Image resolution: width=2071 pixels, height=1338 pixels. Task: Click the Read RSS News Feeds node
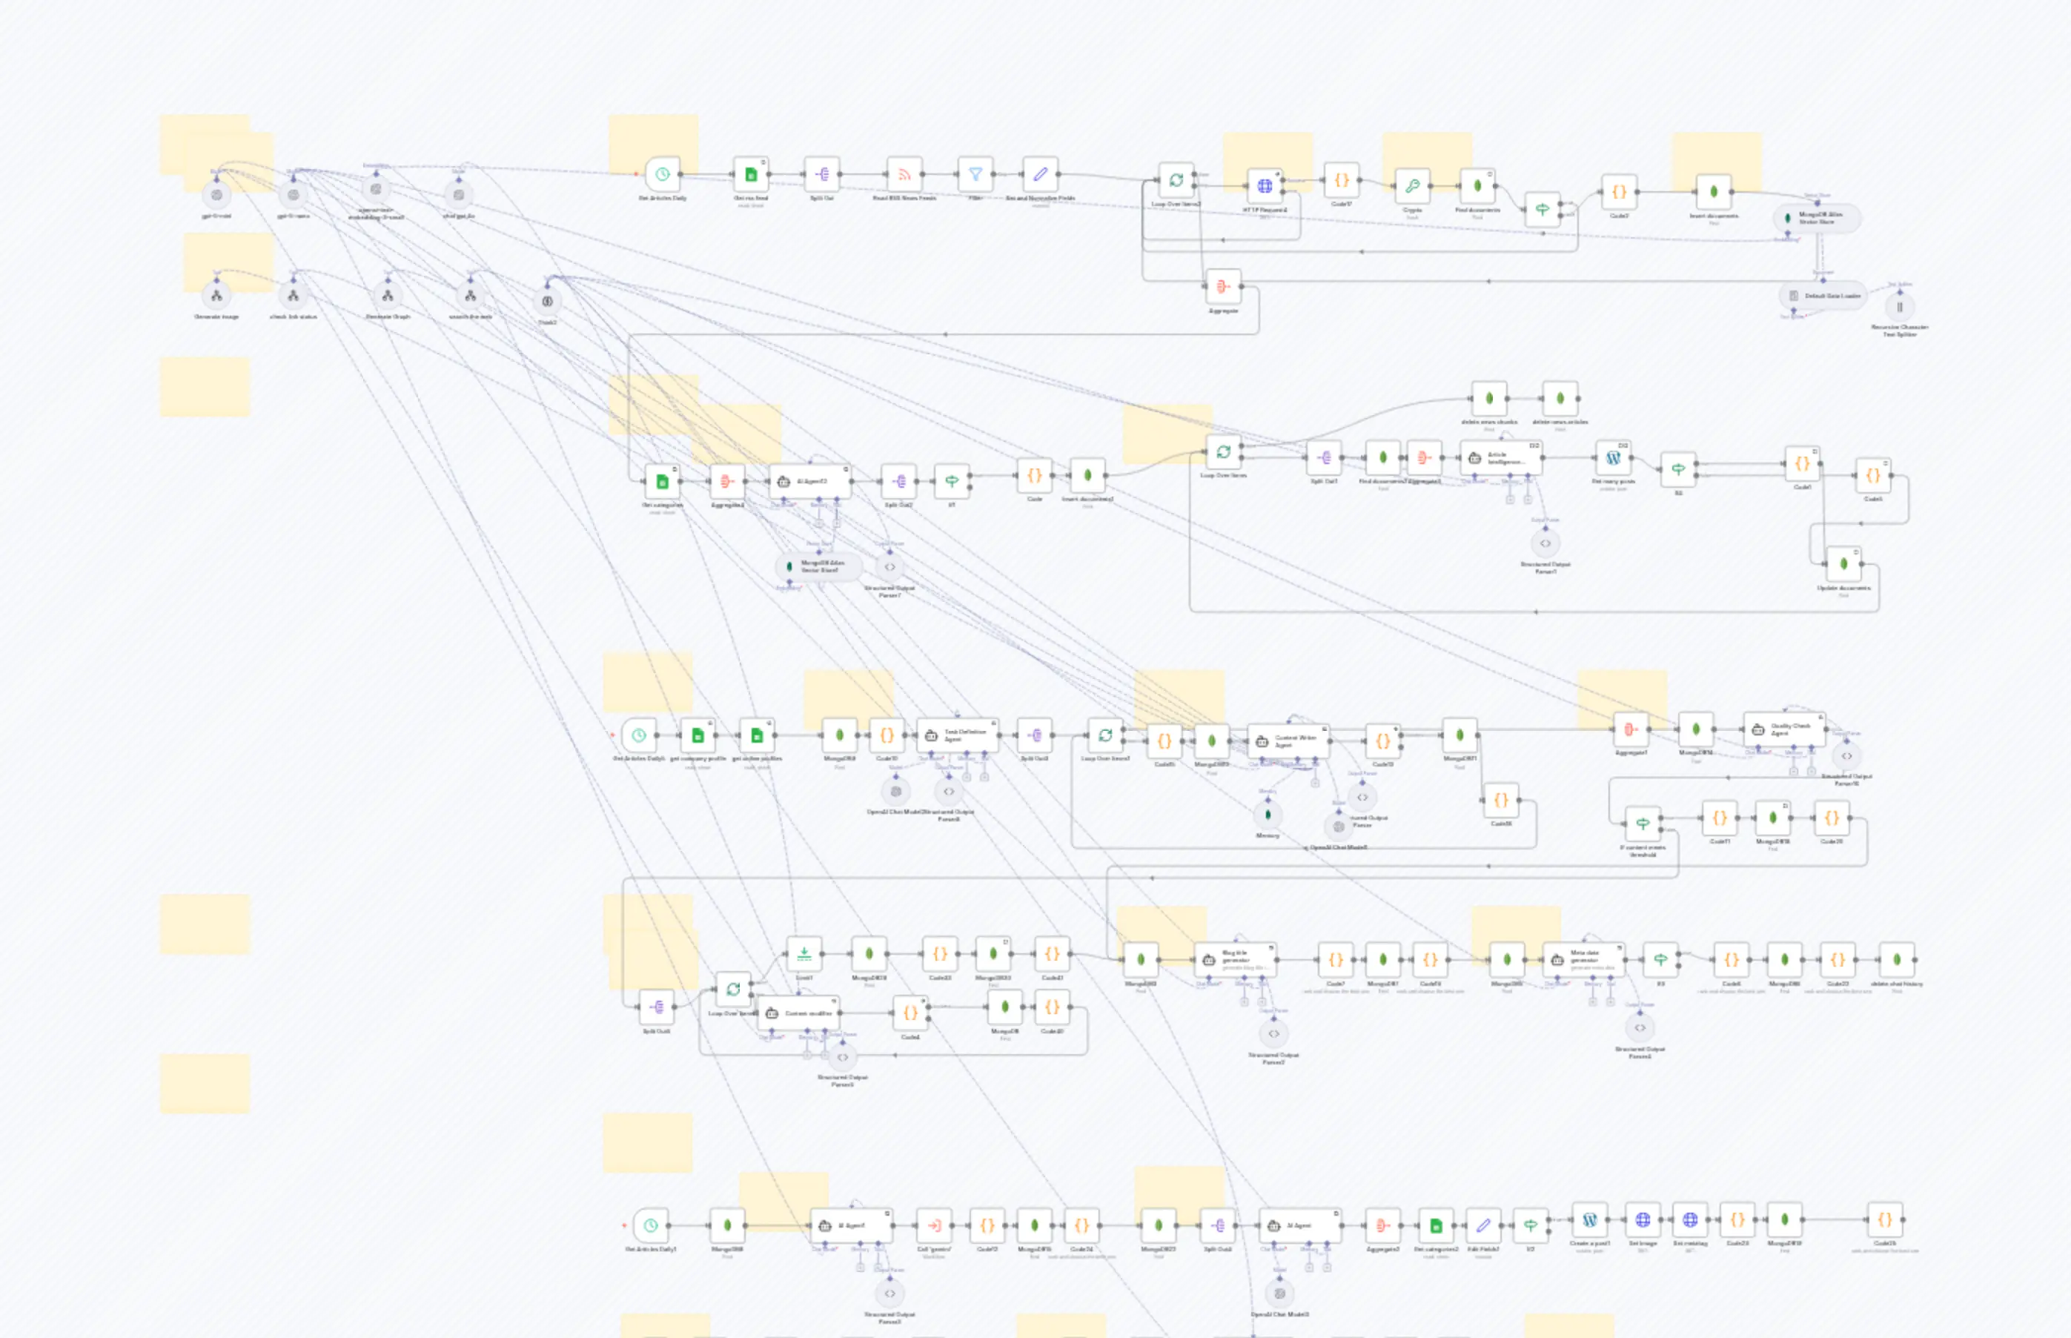904,175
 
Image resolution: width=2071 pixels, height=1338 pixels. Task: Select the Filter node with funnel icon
975,175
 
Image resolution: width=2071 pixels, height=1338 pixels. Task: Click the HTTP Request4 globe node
1265,186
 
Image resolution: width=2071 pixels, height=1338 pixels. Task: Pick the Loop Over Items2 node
1176,181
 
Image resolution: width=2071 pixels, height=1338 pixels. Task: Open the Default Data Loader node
1823,296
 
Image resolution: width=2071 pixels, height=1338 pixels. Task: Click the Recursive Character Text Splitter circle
1900,307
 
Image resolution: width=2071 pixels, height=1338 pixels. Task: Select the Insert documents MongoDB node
1713,192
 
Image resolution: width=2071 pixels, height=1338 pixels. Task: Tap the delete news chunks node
1489,399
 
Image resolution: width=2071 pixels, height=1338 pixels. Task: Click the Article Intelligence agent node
1501,458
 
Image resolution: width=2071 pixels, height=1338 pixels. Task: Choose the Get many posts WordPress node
1613,458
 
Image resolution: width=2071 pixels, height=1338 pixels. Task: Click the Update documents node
1843,564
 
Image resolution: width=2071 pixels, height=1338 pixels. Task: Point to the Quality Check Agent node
1784,729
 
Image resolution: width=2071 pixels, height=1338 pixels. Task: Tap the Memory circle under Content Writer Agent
1268,815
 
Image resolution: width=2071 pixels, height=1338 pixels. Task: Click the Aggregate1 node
1631,729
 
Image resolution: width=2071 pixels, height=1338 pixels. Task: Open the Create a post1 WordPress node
1590,1220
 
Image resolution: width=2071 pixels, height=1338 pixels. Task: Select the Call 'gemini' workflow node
934,1226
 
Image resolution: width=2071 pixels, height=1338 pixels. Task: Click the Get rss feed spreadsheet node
751,175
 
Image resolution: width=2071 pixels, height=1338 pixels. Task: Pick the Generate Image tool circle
216,297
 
